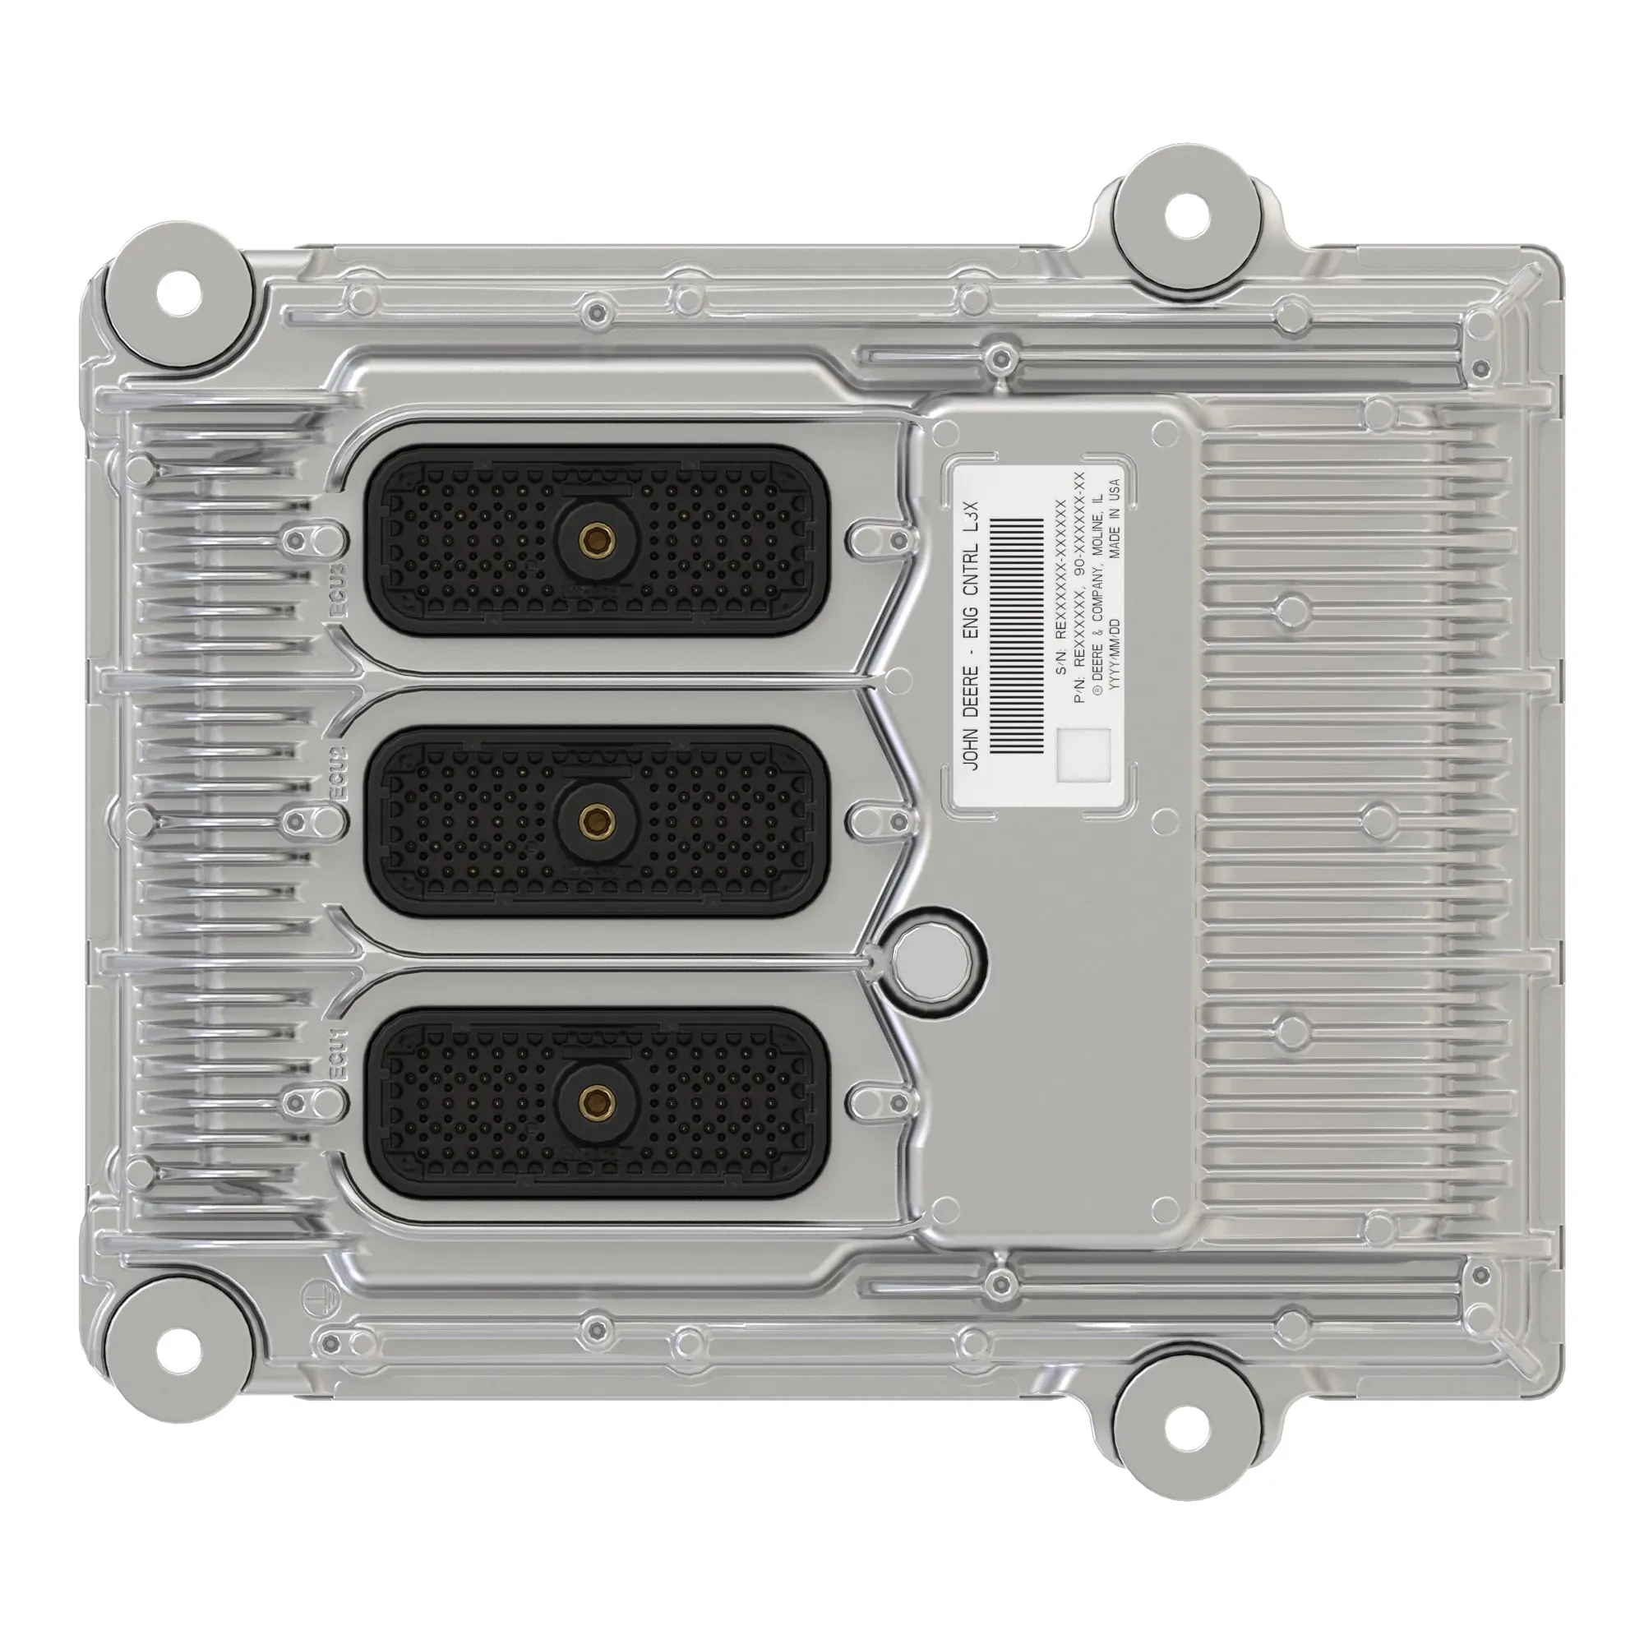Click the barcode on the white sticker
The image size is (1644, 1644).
1018,635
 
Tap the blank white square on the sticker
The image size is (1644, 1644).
1083,754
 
